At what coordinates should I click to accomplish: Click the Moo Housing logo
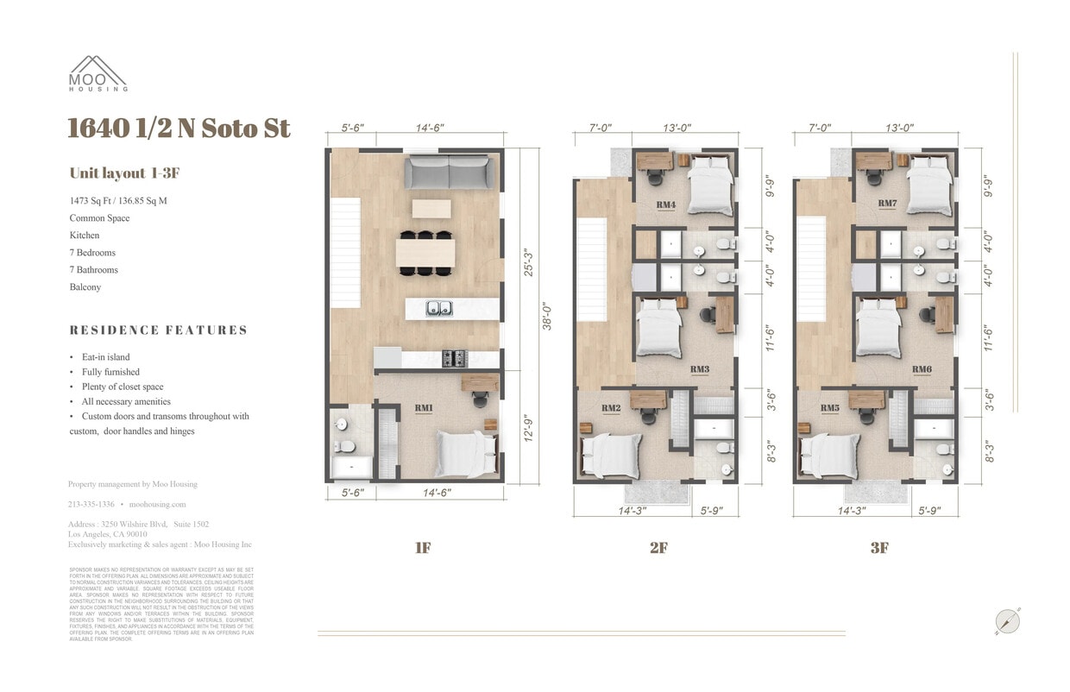click(98, 73)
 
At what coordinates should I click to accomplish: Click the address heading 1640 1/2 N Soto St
click(179, 129)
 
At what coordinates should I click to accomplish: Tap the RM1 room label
click(423, 407)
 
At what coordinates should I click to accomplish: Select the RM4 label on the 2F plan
click(665, 204)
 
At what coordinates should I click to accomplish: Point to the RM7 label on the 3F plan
click(886, 204)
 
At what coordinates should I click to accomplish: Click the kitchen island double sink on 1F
click(440, 307)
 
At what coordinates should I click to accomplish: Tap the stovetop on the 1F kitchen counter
click(454, 358)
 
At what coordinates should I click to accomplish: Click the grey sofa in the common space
click(451, 173)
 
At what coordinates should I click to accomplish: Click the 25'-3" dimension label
click(528, 263)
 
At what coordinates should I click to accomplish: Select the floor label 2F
click(658, 548)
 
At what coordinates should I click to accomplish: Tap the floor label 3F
click(878, 548)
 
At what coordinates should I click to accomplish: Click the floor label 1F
click(422, 548)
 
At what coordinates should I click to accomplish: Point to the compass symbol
click(1007, 621)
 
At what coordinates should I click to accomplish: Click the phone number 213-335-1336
click(91, 504)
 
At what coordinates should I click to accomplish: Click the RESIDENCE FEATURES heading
click(158, 330)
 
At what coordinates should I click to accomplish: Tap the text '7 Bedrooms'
click(92, 253)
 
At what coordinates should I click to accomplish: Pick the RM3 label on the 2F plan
click(700, 369)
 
